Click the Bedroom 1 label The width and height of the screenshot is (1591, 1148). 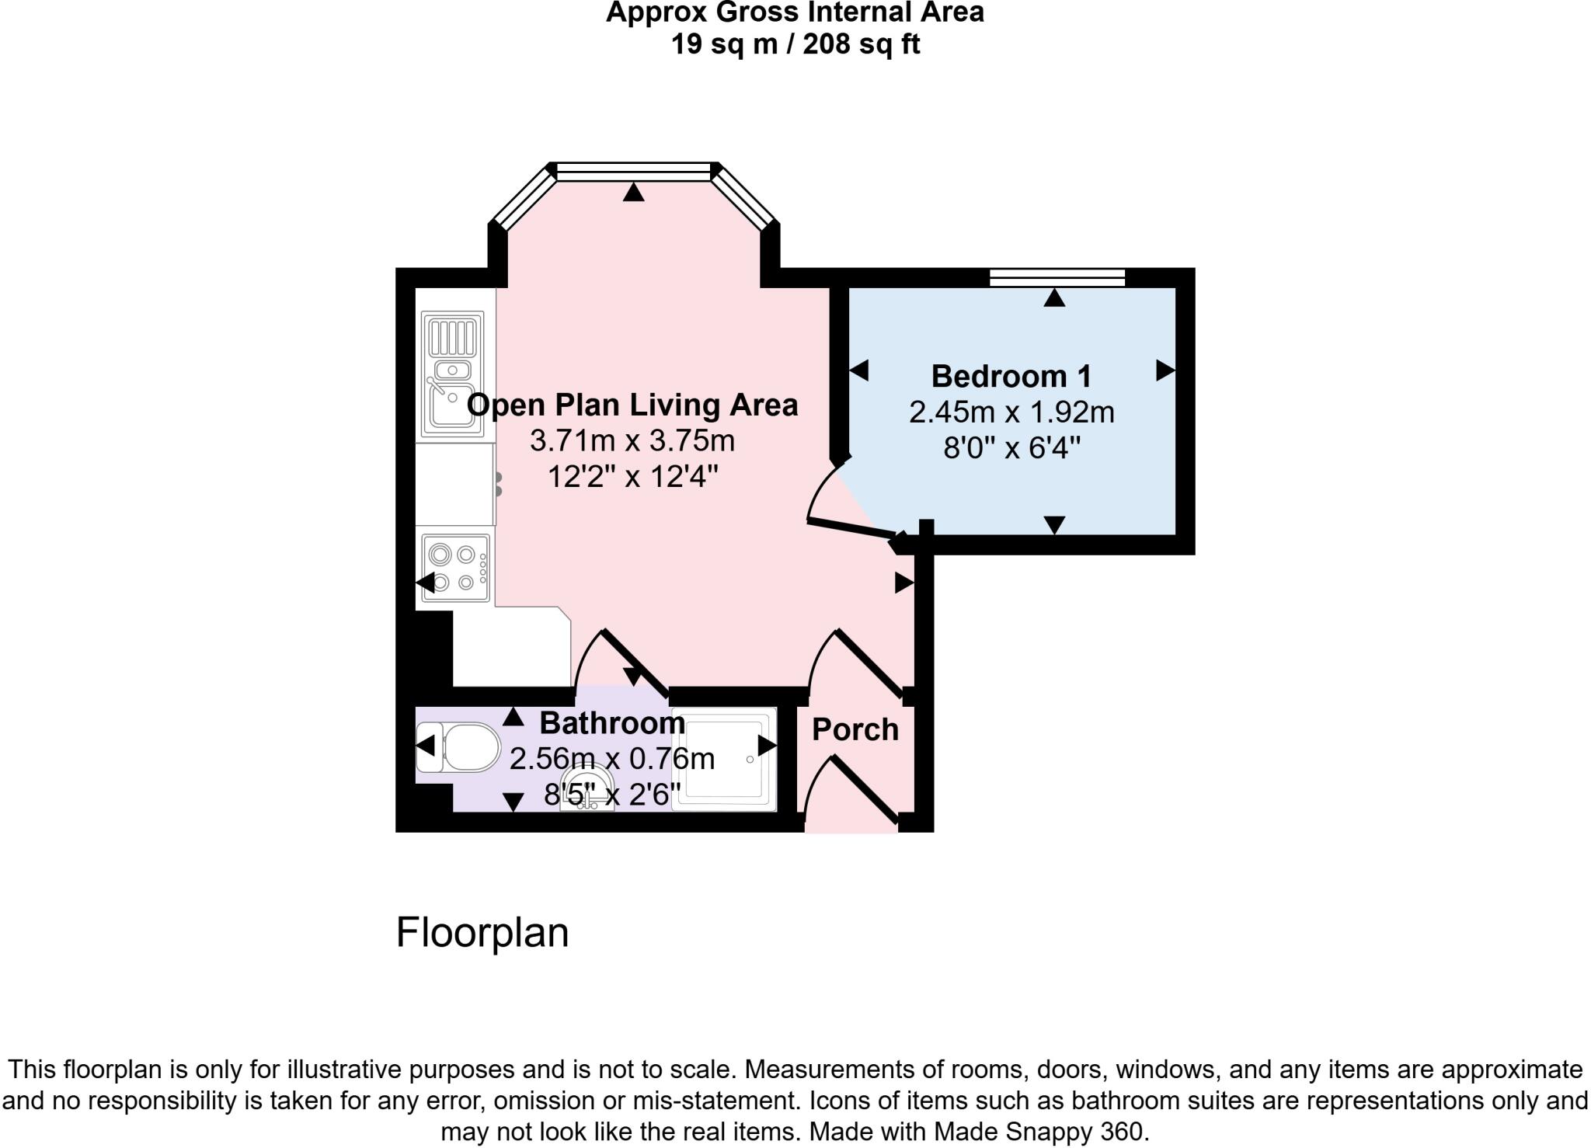[x=1011, y=377]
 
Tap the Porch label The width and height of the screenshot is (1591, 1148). [x=855, y=730]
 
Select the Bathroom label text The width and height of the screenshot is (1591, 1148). [x=612, y=723]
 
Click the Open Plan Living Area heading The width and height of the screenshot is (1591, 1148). [x=632, y=405]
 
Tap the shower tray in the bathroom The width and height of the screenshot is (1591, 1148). [x=723, y=759]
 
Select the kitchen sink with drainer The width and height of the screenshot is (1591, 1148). [x=452, y=374]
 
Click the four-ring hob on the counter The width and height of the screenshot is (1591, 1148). [x=455, y=568]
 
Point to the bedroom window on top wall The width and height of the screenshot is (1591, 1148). [x=1057, y=277]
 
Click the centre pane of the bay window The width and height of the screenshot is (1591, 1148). [x=634, y=172]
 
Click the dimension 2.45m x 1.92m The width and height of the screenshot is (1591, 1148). [x=1011, y=412]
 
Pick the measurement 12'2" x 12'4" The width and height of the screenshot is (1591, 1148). [x=632, y=476]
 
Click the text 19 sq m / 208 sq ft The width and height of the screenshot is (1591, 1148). [x=795, y=44]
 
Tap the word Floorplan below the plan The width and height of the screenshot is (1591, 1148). [x=482, y=932]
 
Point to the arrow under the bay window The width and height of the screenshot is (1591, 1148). [x=634, y=192]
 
